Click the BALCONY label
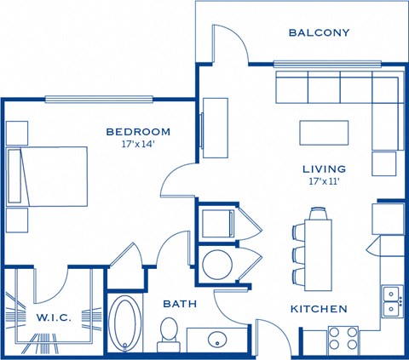point(320,33)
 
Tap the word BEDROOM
point(138,132)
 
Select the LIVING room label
point(324,169)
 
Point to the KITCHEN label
point(319,309)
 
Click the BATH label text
point(180,302)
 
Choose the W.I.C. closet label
point(54,317)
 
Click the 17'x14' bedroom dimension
point(138,144)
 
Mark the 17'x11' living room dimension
point(324,181)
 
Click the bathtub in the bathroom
point(124,324)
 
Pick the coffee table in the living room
point(324,134)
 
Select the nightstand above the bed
point(17,132)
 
